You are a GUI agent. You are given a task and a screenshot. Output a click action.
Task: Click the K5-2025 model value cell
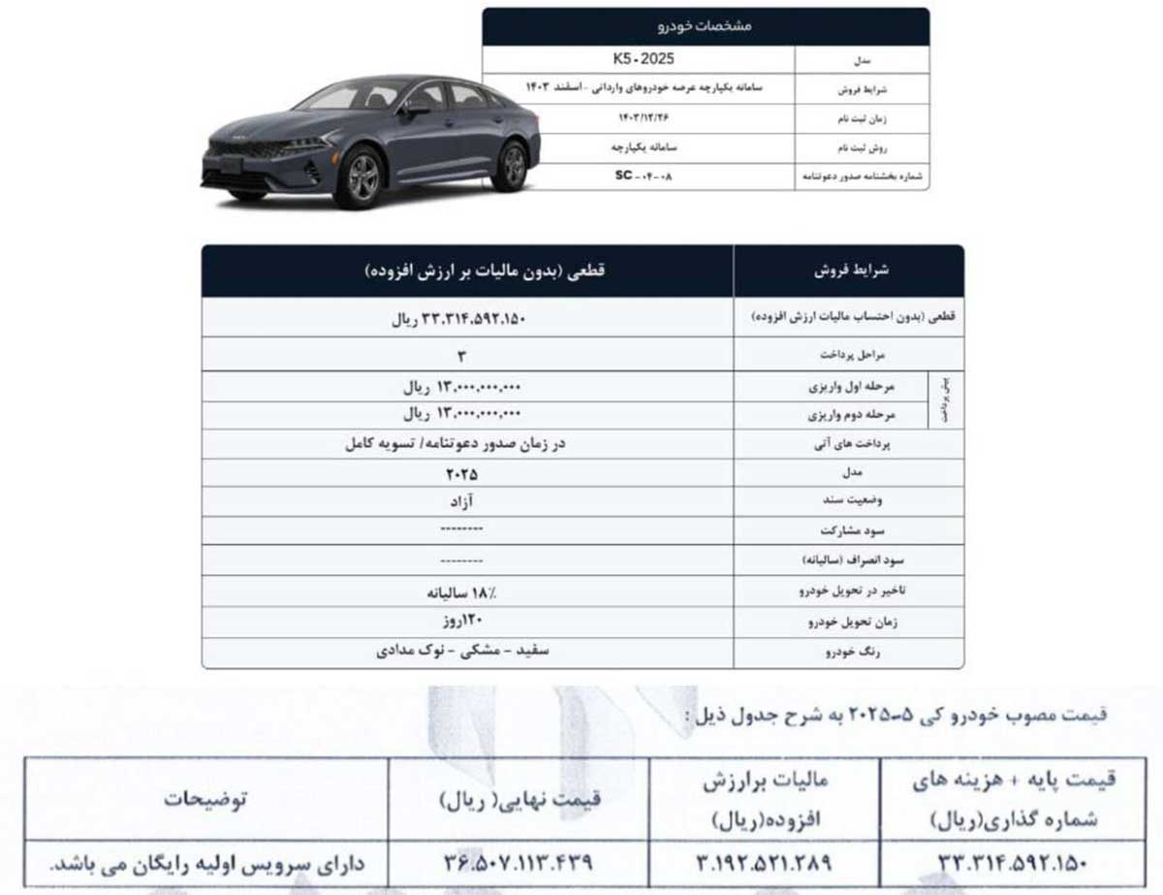click(x=638, y=59)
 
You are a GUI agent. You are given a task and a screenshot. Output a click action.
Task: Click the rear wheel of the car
click(x=510, y=166)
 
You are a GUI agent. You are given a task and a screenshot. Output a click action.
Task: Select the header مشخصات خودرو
click(x=705, y=26)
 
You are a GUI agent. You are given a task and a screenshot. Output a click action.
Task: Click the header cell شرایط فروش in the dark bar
click(x=848, y=271)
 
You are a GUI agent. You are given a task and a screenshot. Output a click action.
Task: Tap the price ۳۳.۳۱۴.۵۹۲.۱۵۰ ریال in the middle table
click(x=467, y=318)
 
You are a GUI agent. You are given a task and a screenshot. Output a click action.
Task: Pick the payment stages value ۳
click(x=467, y=355)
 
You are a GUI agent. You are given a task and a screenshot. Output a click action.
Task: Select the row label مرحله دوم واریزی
click(x=850, y=415)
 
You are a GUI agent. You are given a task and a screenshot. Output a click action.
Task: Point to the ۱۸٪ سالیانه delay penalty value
click(x=463, y=591)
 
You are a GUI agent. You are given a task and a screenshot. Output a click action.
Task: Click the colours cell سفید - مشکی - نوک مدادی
click(x=463, y=652)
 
